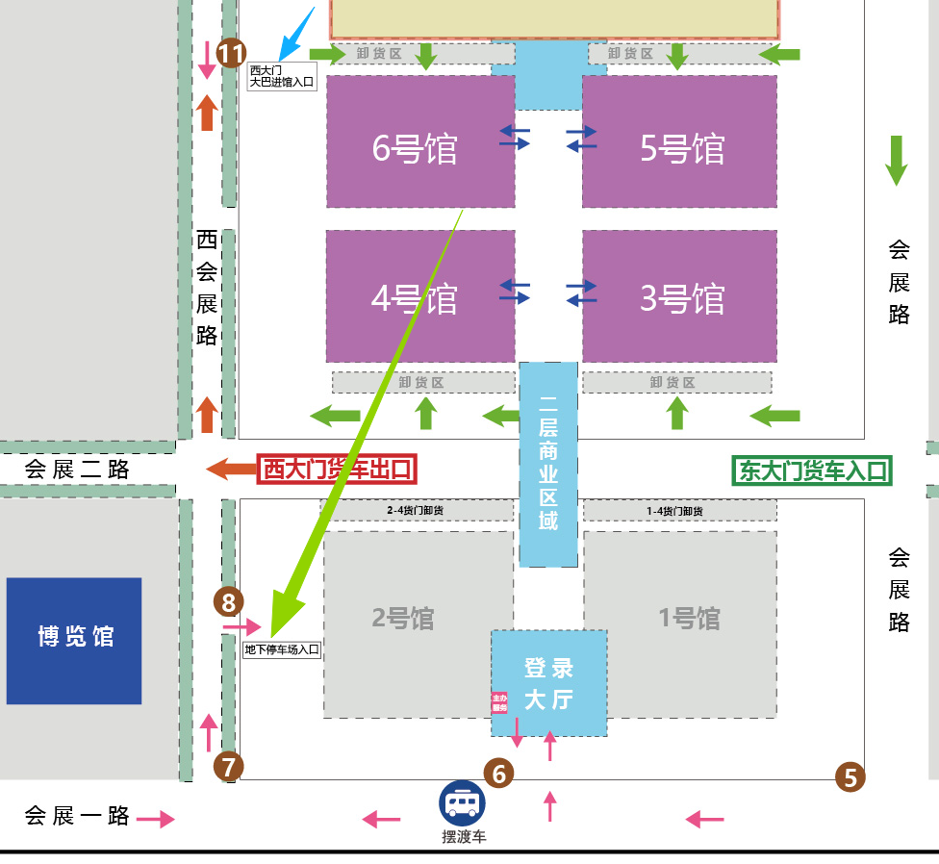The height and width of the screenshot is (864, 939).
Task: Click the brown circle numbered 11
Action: tap(231, 54)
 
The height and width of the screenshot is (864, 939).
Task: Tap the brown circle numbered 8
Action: tap(228, 603)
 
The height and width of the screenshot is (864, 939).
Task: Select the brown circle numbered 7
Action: tap(228, 767)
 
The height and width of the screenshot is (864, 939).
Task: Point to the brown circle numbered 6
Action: tap(498, 772)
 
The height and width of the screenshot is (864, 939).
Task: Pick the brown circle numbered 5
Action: tap(850, 775)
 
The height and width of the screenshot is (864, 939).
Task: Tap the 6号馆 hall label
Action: tap(415, 149)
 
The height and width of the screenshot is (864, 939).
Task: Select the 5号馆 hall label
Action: tap(682, 149)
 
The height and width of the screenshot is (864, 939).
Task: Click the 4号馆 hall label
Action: tap(415, 299)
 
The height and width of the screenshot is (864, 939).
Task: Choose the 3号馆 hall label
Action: tap(682, 299)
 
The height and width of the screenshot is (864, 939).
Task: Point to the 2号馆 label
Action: tap(403, 618)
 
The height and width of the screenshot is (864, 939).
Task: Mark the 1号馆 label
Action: tap(689, 618)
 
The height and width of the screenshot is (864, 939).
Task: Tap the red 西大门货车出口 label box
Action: tap(337, 470)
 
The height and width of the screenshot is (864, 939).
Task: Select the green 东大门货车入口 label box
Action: tap(812, 470)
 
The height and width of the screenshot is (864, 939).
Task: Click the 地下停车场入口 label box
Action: tap(281, 650)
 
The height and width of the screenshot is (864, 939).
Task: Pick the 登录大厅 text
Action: tap(548, 683)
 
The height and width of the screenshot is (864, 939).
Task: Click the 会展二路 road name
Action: tap(77, 470)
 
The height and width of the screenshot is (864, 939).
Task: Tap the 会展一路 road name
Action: tap(77, 816)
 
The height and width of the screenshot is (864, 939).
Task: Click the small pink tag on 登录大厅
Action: tap(499, 703)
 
